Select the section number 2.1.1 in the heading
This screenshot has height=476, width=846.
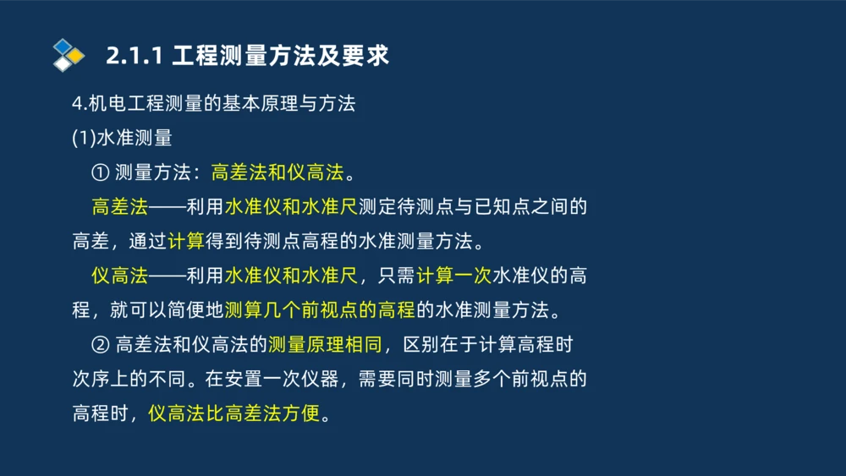(135, 57)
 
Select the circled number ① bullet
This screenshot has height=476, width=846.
(100, 172)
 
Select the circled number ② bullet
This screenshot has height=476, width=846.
(100, 345)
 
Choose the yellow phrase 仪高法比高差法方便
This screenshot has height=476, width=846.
(234, 414)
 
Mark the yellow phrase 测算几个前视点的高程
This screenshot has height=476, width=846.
(319, 310)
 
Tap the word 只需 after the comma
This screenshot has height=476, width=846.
(396, 276)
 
